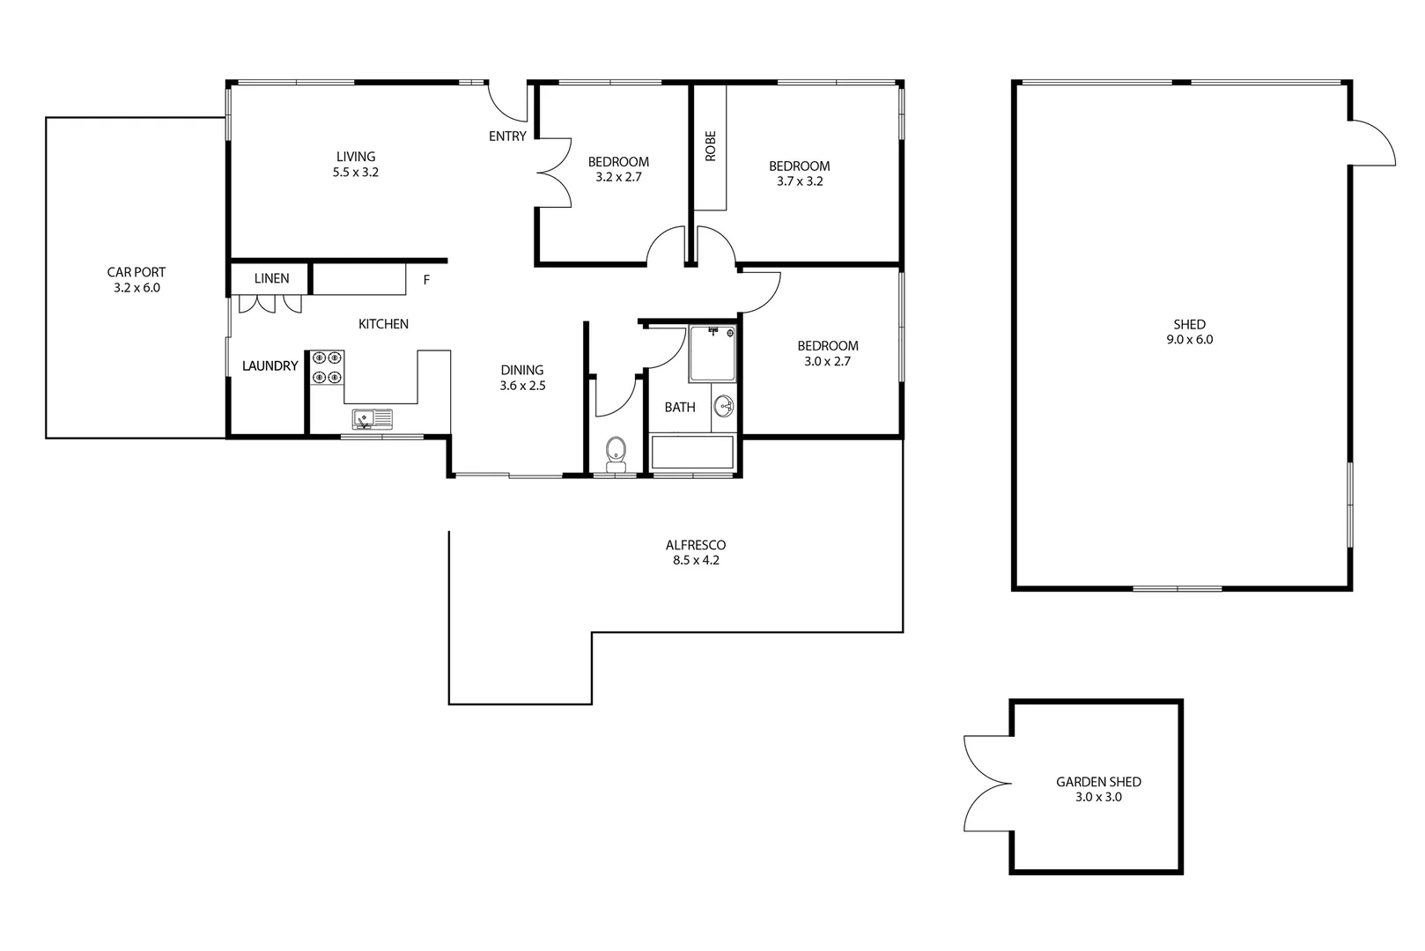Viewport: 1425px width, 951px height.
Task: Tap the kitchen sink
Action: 373,418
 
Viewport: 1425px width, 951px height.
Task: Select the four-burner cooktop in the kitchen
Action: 327,367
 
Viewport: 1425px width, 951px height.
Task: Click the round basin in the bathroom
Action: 724,407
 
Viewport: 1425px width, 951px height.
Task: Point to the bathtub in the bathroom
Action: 692,453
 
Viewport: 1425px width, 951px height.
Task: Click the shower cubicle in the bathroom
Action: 712,354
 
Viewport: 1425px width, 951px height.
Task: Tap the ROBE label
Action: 711,146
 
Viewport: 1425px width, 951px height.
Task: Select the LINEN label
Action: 271,278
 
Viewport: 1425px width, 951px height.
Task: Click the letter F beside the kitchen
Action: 427,280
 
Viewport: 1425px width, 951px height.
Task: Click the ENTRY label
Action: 507,136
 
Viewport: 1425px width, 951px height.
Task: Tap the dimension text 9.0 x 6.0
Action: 1190,339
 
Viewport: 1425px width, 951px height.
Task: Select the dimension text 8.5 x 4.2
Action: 696,560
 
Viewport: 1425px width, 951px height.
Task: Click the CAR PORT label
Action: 137,272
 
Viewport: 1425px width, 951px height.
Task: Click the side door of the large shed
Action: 1370,144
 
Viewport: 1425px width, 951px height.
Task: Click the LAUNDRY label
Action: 269,365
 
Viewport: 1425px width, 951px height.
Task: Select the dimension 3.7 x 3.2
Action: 799,181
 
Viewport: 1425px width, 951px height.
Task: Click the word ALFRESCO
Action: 696,545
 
